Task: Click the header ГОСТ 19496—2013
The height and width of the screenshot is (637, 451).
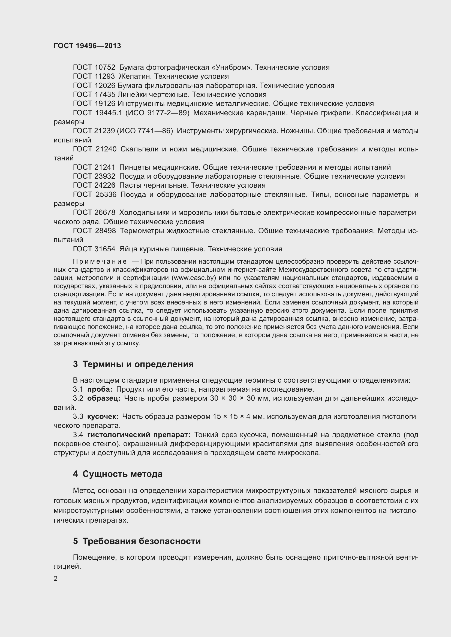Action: click(x=87, y=46)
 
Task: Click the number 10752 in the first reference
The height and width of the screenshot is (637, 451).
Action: click(x=105, y=68)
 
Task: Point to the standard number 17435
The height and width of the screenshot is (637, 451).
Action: click(x=105, y=95)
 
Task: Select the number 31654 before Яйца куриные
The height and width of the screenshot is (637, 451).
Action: click(x=105, y=249)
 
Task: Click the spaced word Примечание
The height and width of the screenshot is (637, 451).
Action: click(x=100, y=262)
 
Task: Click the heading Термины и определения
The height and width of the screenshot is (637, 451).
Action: click(x=138, y=364)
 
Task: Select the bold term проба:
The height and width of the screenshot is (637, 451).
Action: click(x=100, y=389)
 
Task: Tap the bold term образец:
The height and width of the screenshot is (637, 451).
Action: click(x=104, y=398)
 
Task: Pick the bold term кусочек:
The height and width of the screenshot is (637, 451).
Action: click(x=103, y=416)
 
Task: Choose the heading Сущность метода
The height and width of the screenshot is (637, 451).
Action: click(x=122, y=474)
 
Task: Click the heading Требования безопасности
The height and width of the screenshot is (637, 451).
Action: click(x=141, y=541)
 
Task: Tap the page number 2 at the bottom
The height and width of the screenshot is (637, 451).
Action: click(x=56, y=579)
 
